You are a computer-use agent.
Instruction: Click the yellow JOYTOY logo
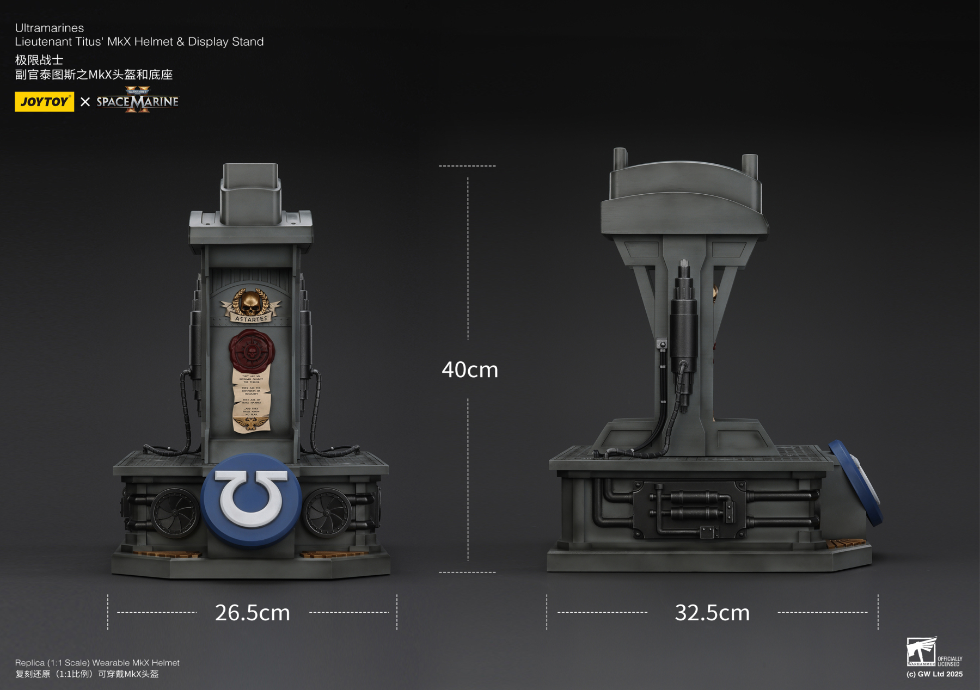coord(44,102)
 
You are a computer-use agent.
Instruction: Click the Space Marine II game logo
coord(137,101)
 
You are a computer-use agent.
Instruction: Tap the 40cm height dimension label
coord(469,370)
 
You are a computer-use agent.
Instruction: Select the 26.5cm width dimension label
coord(252,613)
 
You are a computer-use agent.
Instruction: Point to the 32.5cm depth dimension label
coord(712,613)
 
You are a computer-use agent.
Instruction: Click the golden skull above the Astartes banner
coord(250,302)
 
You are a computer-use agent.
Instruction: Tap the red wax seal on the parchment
coord(252,351)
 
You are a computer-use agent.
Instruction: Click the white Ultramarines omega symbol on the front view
coord(250,498)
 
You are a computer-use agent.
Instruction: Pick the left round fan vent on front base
coord(175,513)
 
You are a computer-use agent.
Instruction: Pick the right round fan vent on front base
coord(327,513)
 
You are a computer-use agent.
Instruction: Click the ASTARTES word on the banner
coord(251,319)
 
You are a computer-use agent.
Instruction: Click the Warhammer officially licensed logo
coord(933,652)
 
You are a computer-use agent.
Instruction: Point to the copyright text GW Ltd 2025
coord(934,674)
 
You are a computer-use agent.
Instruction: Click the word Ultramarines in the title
coord(50,28)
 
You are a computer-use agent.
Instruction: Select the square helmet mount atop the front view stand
coord(250,193)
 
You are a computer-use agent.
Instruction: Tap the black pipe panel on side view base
coord(689,509)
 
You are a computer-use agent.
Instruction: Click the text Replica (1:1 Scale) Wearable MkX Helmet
coord(97,662)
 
